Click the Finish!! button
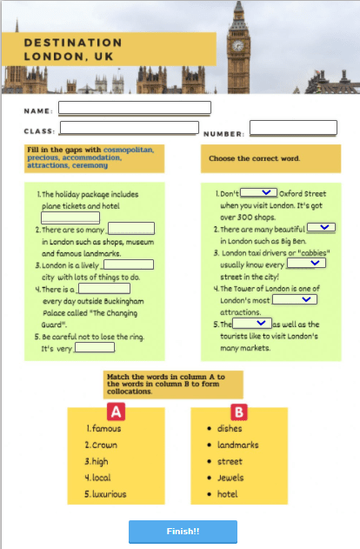click(183, 531)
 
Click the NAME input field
click(134, 108)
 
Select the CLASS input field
click(129, 128)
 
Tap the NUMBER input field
click(293, 128)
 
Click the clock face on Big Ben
click(237, 44)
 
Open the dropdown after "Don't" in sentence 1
click(258, 192)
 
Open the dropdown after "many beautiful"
click(322, 227)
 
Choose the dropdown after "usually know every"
click(306, 263)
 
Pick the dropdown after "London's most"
click(295, 298)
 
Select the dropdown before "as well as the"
click(252, 323)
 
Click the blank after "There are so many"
click(130, 229)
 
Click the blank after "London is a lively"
click(129, 264)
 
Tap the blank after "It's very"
click(95, 347)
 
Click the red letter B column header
click(239, 412)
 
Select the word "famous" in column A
click(106, 429)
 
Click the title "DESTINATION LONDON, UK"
click(73, 49)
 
